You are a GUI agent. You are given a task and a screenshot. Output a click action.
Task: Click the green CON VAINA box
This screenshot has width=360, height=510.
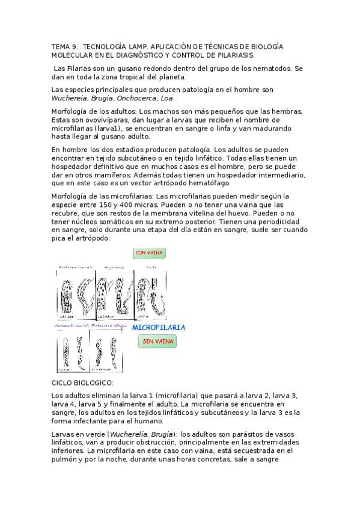point(150,253)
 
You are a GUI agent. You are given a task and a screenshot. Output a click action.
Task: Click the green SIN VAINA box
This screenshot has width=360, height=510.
point(158,342)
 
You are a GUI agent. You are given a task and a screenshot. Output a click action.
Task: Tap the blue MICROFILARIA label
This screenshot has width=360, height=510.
point(159,328)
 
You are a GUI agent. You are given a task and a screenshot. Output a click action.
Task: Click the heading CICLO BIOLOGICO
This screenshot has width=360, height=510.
point(82,382)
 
